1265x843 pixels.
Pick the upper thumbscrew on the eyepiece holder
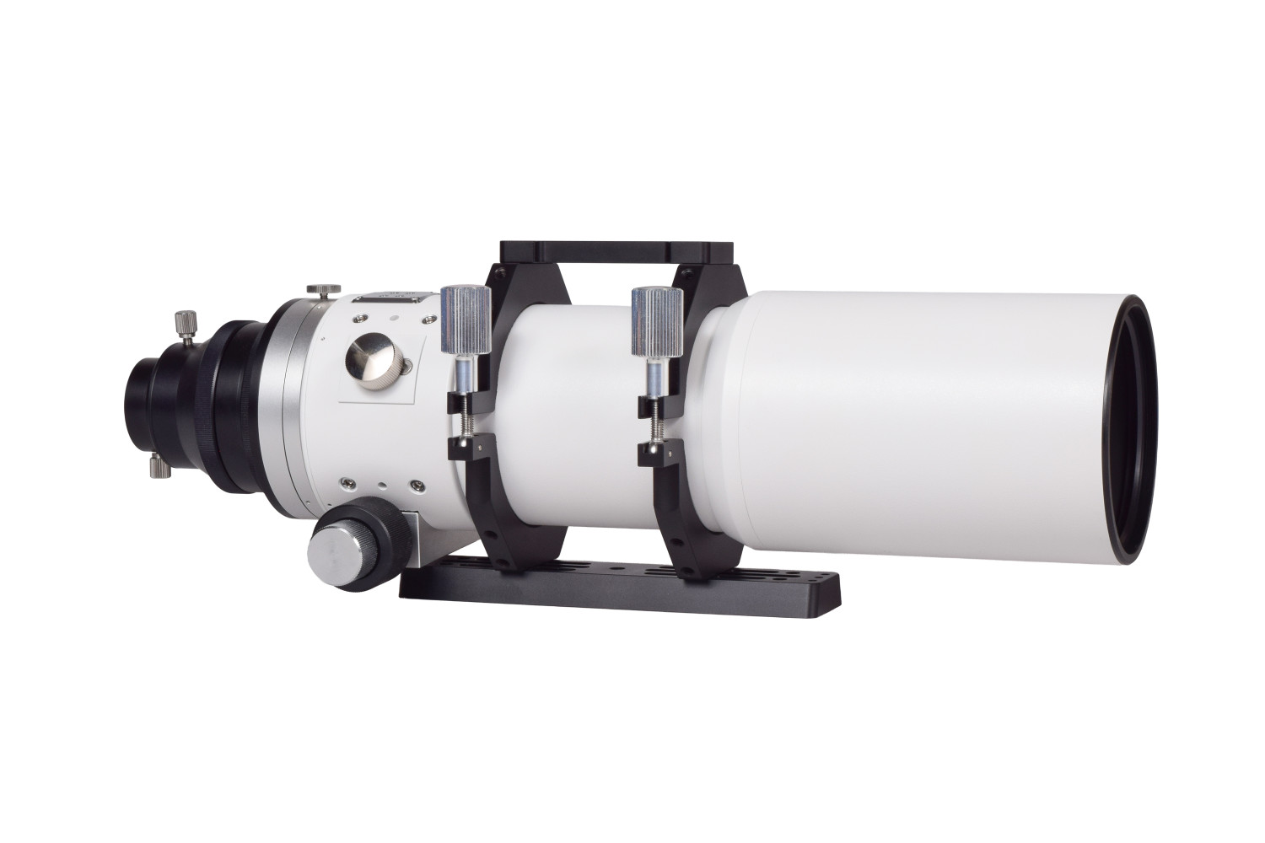pyautogui.click(x=183, y=324)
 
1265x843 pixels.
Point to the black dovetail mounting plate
pyautogui.click(x=620, y=585)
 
